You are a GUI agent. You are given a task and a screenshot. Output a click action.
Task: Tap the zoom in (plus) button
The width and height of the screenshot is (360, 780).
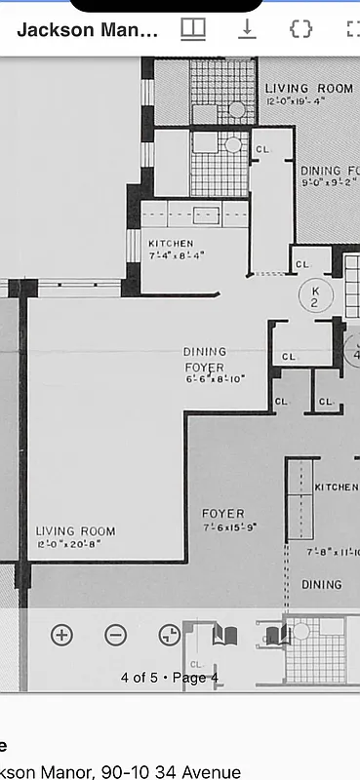61,635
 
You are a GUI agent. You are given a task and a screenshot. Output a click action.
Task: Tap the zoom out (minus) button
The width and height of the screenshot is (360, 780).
115,635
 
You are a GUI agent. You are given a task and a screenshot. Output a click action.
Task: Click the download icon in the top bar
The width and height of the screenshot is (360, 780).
248,29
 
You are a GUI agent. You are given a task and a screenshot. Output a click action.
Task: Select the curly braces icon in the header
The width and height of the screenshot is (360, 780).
300,29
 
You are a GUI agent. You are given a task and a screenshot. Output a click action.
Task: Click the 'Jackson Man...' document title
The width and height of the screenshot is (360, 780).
87,30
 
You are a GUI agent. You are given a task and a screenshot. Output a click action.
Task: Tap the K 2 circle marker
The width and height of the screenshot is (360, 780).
315,296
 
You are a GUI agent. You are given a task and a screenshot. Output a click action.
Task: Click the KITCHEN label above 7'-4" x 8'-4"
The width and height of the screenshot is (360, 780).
171,244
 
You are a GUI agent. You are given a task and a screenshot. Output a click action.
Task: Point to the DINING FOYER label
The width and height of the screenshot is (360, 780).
205,359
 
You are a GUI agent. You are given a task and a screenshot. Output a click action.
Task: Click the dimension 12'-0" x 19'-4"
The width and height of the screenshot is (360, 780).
309,101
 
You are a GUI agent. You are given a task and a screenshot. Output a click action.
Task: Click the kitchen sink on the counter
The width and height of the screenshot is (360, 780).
205,215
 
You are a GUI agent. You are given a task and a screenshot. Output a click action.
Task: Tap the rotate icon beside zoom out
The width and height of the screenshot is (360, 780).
169,635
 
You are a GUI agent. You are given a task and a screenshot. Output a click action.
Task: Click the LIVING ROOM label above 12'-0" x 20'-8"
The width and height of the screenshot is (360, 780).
75,531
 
